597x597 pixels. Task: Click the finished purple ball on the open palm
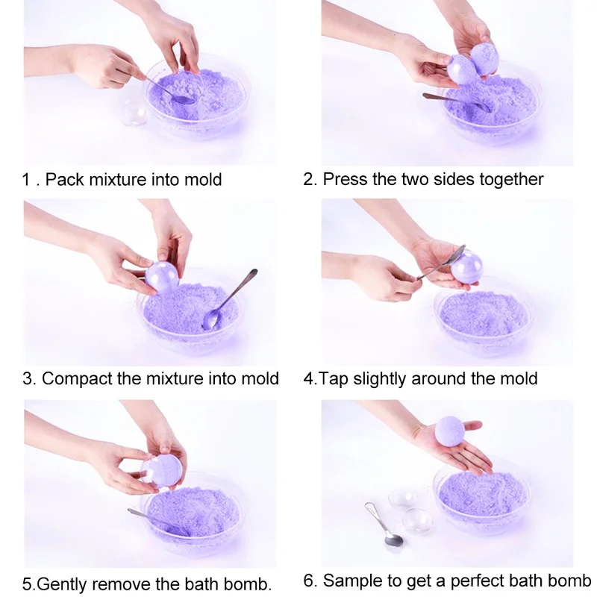tap(450, 431)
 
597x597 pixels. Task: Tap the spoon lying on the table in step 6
tap(384, 525)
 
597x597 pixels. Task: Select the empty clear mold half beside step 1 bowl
tap(135, 112)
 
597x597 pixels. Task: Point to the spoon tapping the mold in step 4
tap(441, 262)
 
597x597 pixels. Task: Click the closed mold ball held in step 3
tap(162, 277)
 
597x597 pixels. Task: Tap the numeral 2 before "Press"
tap(308, 179)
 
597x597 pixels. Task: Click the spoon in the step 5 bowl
tap(158, 522)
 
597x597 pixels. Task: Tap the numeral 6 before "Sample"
tap(309, 581)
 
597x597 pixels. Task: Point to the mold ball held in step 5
tap(163, 472)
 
